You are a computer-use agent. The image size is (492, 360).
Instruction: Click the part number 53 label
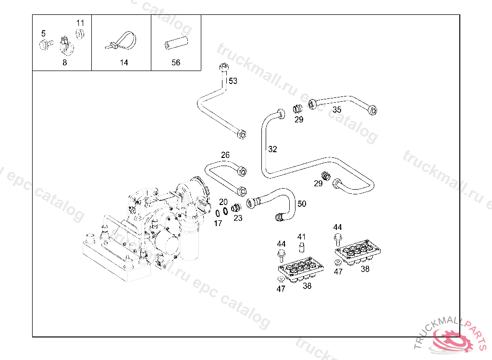coord(233,81)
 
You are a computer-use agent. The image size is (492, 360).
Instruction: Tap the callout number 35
coord(337,110)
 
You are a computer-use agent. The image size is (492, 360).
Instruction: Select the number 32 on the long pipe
coord(272,149)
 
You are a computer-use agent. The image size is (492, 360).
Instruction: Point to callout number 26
coord(225,155)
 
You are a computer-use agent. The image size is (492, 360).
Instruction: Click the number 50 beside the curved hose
coord(302,204)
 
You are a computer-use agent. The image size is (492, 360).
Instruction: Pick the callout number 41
coord(301,237)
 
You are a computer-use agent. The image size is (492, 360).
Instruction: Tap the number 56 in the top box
coord(176,62)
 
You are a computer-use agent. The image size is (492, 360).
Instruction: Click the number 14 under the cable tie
coord(124,62)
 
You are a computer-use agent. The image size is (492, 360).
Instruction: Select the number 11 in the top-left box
coord(80,23)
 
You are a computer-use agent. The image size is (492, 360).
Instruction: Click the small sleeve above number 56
coord(176,44)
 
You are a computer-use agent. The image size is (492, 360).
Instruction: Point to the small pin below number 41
coord(302,247)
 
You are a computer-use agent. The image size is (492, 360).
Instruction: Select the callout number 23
coord(238,218)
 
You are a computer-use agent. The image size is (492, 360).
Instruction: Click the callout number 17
coord(218,223)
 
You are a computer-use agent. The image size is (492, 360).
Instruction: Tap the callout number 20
coord(223,202)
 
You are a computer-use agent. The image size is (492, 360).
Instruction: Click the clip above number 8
coord(65,45)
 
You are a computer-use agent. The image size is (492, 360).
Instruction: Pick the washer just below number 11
coord(80,34)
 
